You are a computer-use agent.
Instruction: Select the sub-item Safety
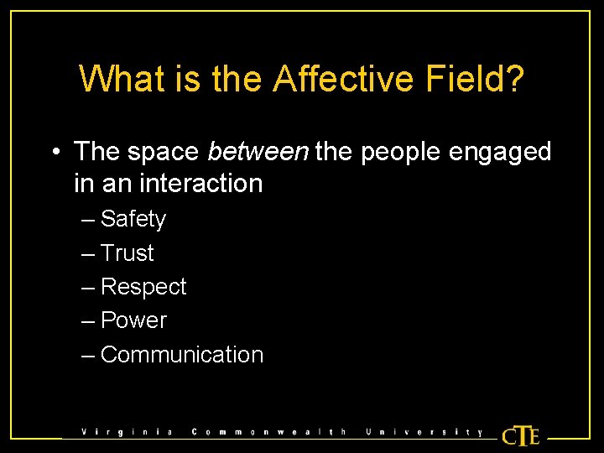133,220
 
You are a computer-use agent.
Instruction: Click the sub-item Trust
128,253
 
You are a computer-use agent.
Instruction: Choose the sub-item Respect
143,288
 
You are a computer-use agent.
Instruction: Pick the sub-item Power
133,320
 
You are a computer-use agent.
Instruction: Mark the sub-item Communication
181,355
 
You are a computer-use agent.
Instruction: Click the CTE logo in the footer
520,435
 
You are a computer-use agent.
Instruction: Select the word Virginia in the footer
127,432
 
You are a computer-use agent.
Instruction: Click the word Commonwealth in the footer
268,432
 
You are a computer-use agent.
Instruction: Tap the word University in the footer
424,432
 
